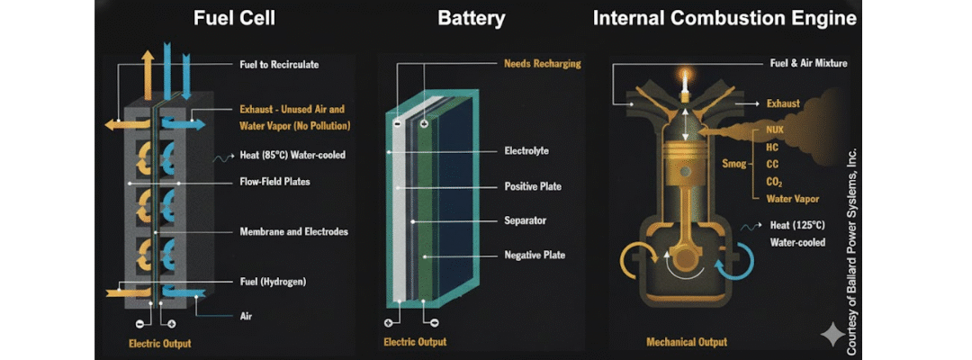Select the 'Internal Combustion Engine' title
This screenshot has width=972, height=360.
click(x=724, y=18)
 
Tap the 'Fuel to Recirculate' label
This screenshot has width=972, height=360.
click(x=279, y=65)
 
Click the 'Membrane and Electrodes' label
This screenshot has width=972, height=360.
click(x=292, y=231)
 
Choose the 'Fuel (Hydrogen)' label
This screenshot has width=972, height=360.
click(x=273, y=282)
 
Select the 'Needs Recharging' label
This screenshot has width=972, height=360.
click(x=543, y=64)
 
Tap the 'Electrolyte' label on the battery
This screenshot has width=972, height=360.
click(x=526, y=151)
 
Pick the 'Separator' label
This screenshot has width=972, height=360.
click(x=525, y=220)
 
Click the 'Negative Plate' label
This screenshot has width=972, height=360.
click(x=535, y=256)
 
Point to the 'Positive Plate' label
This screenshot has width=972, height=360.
click(x=533, y=186)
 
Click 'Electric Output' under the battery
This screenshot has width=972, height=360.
click(x=415, y=342)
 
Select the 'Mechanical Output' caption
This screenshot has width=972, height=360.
click(x=687, y=342)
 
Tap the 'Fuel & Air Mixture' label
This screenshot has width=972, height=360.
click(x=809, y=64)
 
